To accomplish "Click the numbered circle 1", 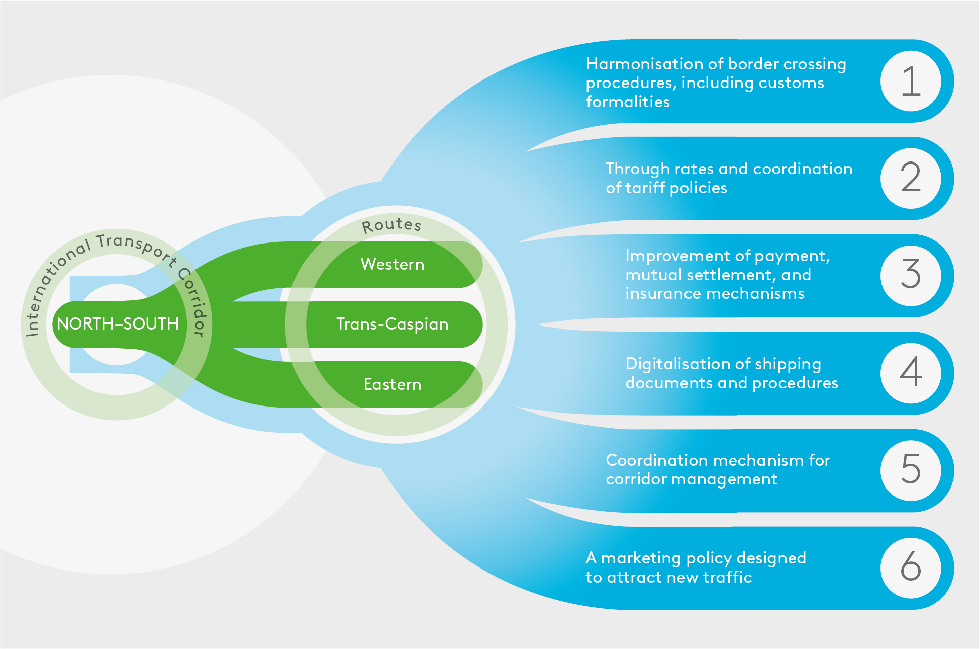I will pos(910,81).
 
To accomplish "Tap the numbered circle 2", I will pos(910,178).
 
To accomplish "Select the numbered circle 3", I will pos(910,275).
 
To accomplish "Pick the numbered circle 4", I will pos(910,373).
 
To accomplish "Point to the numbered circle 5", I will pos(910,470).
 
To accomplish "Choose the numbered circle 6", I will pos(910,567).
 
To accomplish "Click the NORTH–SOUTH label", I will pos(118,324).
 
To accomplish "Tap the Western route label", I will pos(393,264).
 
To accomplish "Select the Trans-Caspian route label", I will pos(392,324).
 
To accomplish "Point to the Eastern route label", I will pos(393,385).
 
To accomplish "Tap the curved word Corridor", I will pos(193,302).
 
